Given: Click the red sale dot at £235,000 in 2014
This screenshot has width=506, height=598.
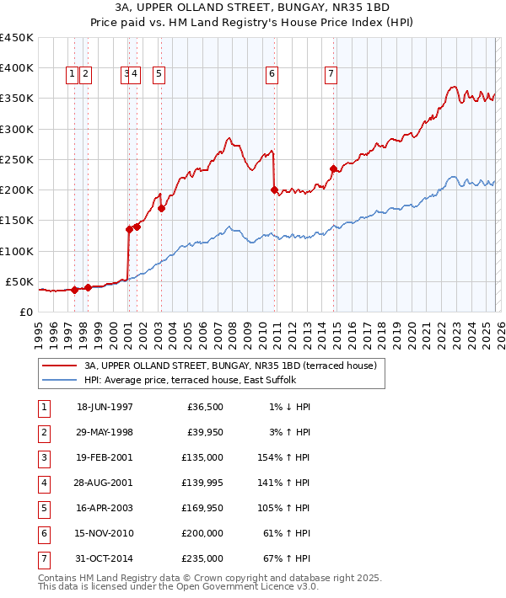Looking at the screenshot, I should (x=333, y=168).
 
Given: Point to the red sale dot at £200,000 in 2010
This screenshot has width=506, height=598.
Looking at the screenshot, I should (x=274, y=190).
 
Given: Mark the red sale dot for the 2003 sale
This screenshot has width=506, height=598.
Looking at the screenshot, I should (x=161, y=208).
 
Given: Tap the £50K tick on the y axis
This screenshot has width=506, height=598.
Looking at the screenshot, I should (x=20, y=281).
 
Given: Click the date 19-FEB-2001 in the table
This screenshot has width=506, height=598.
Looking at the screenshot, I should (x=105, y=459).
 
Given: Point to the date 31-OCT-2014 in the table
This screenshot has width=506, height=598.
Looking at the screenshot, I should (x=105, y=558).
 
